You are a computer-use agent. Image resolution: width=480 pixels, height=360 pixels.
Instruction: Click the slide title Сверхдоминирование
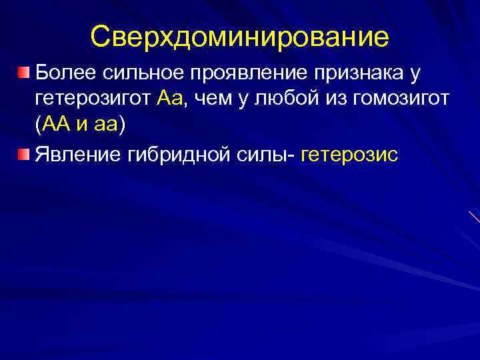pos(240,37)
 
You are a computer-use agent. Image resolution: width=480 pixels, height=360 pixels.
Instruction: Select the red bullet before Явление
pos(24,155)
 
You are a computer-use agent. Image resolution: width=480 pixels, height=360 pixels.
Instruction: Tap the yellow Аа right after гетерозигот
pos(172,99)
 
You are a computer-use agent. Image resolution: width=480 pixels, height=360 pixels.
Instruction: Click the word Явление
pos(76,155)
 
